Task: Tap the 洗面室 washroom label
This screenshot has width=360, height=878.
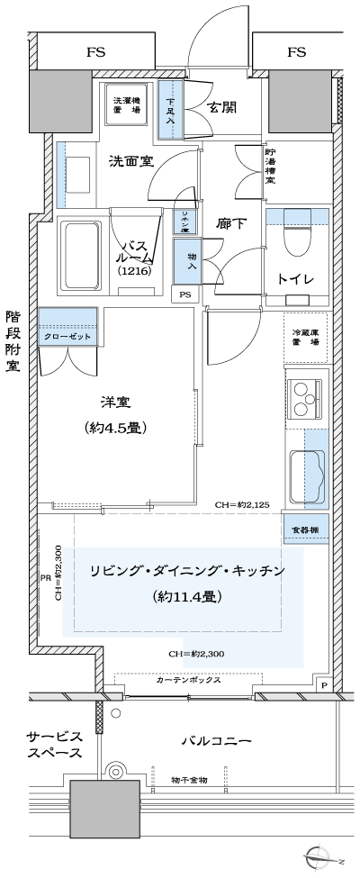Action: pyautogui.click(x=130, y=162)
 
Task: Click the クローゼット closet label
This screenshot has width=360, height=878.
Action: pyautogui.click(x=67, y=335)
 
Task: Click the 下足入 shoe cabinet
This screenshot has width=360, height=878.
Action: pyautogui.click(x=170, y=110)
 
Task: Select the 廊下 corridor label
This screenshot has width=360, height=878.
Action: pyautogui.click(x=231, y=223)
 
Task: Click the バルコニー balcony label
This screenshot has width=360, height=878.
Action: pyautogui.click(x=216, y=741)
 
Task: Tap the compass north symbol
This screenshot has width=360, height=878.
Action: pyautogui.click(x=320, y=856)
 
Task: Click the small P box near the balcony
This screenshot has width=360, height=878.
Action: pyautogui.click(x=324, y=685)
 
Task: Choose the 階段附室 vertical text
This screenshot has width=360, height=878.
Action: pyautogui.click(x=13, y=342)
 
